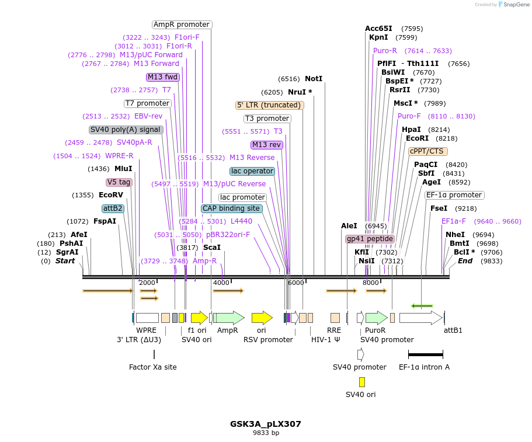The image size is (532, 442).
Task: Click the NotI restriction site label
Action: [313, 79]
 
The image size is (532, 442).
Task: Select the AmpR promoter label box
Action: [182, 25]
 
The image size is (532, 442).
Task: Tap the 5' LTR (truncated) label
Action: [270, 105]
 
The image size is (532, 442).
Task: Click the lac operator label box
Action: [252, 171]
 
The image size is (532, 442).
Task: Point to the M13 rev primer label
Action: [267, 145]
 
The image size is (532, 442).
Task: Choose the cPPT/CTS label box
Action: [428, 151]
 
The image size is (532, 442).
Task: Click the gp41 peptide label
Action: [370, 239]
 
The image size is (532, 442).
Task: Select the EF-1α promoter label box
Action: [454, 195]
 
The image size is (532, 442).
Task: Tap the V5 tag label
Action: [119, 182]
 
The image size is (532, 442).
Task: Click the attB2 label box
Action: [113, 208]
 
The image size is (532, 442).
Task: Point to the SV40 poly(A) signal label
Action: [126, 130]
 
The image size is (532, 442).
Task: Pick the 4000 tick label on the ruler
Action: [221, 283]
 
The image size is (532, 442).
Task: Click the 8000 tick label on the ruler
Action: [371, 283]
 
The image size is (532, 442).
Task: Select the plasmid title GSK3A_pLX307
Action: [266, 424]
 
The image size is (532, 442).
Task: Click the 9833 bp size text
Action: [266, 433]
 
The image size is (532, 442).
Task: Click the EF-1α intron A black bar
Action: [425, 354]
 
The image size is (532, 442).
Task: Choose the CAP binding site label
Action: [231, 208]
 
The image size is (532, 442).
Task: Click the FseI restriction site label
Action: [439, 208]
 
